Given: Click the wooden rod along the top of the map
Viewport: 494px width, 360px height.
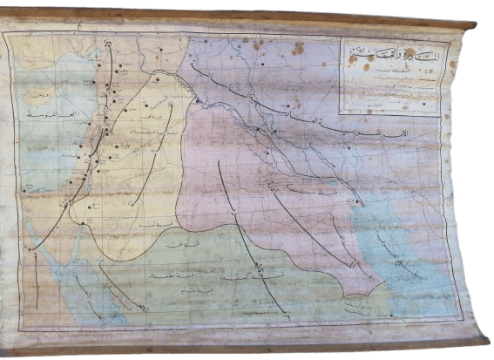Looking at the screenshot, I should [244, 18].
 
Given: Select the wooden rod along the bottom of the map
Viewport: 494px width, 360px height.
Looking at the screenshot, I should [244, 347].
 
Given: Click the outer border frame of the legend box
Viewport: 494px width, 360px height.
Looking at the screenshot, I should [341, 78].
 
